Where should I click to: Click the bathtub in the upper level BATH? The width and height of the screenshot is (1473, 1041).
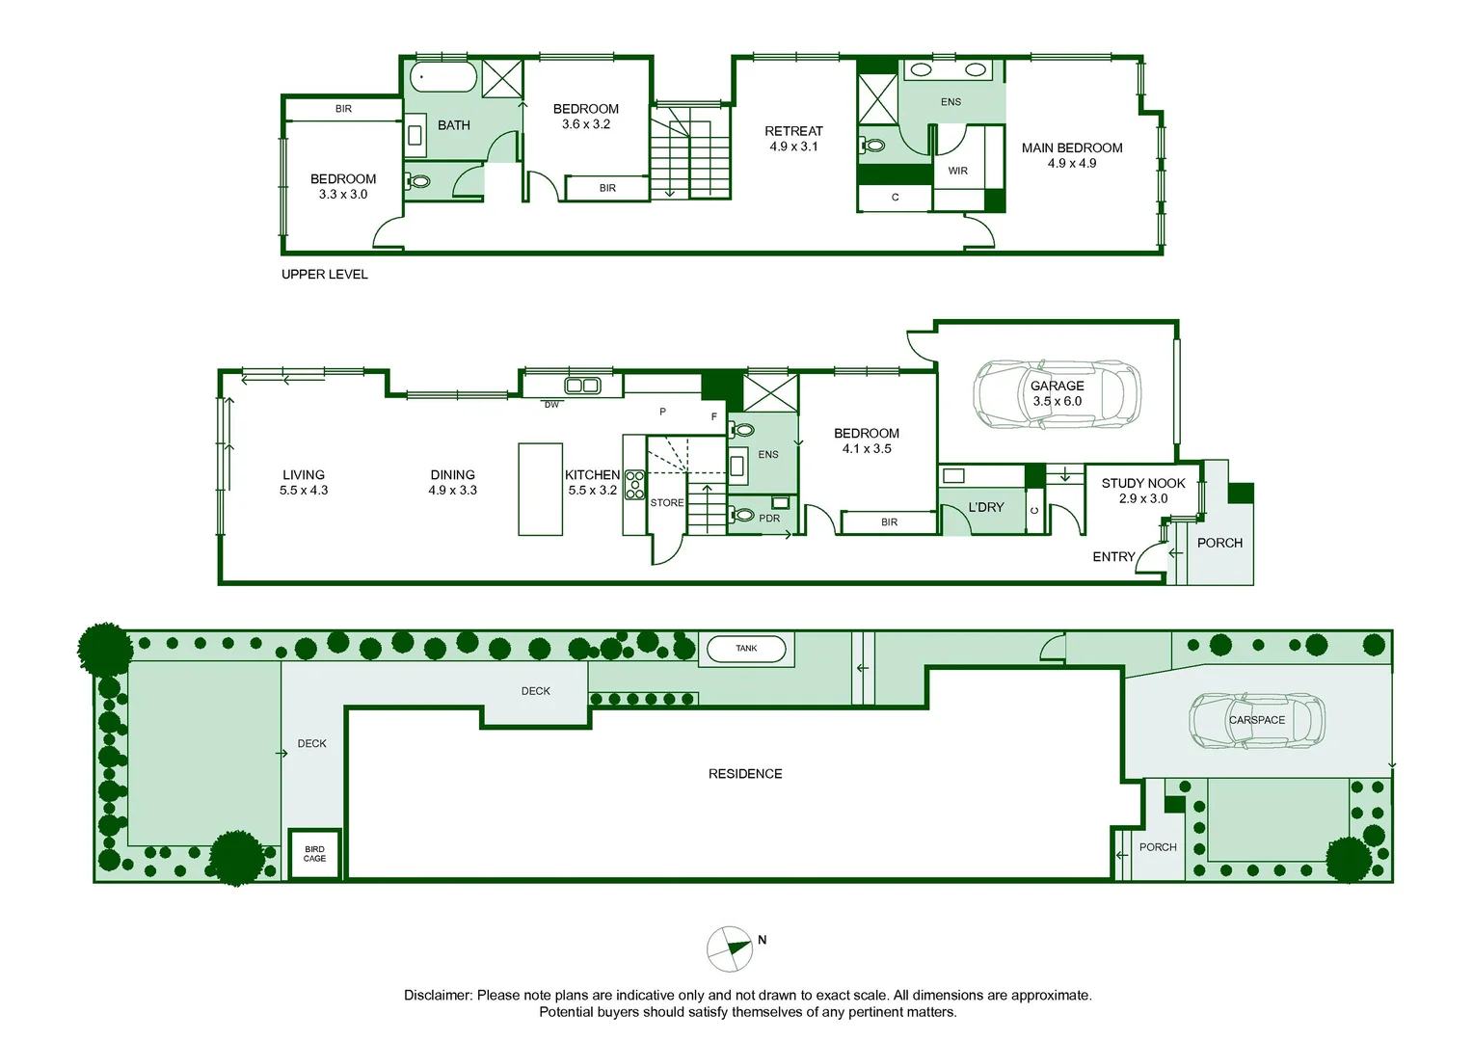pyautogui.click(x=443, y=77)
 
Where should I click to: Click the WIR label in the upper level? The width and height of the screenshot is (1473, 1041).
pyautogui.click(x=957, y=172)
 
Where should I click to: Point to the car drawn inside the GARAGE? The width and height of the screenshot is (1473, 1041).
pyautogui.click(x=1057, y=394)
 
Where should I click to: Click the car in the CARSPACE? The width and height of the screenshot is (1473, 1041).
pyautogui.click(x=1257, y=721)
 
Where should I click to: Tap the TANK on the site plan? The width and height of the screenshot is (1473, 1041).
pyautogui.click(x=746, y=649)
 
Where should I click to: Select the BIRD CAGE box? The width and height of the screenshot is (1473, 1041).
pyautogui.click(x=314, y=854)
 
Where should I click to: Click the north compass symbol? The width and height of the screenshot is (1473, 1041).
pyautogui.click(x=730, y=948)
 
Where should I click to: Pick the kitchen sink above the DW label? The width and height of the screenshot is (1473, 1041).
pyautogui.click(x=581, y=386)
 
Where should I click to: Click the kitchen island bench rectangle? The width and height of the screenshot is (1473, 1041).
pyautogui.click(x=540, y=489)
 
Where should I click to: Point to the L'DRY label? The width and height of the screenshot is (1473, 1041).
pyautogui.click(x=985, y=507)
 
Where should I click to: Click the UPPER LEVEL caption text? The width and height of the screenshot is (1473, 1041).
pyautogui.click(x=324, y=275)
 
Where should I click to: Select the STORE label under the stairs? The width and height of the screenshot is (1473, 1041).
pyautogui.click(x=666, y=503)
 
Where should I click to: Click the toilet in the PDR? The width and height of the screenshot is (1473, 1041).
pyautogui.click(x=743, y=515)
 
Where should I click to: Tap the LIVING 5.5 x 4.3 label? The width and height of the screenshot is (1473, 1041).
pyautogui.click(x=304, y=482)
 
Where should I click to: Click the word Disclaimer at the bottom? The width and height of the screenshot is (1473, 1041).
pyautogui.click(x=438, y=996)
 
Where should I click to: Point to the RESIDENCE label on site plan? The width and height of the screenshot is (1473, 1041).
pyautogui.click(x=745, y=774)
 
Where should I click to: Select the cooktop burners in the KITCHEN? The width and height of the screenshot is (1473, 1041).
pyautogui.click(x=634, y=485)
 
